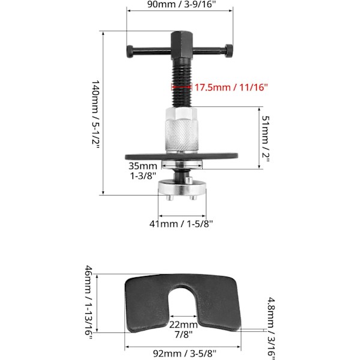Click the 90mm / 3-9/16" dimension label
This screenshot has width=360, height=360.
[x=181, y=4]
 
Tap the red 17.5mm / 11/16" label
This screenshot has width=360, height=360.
[x=231, y=88]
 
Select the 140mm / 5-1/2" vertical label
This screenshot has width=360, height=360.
[x=95, y=114]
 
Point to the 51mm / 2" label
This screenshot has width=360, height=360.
[x=265, y=139]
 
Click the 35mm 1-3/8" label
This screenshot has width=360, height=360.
[x=143, y=171]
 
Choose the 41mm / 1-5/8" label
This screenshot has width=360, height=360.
[x=181, y=223]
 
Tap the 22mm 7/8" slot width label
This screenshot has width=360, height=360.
[x=184, y=329]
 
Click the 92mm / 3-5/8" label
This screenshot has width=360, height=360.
[x=184, y=353]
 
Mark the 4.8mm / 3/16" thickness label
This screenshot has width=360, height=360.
[x=271, y=328]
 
